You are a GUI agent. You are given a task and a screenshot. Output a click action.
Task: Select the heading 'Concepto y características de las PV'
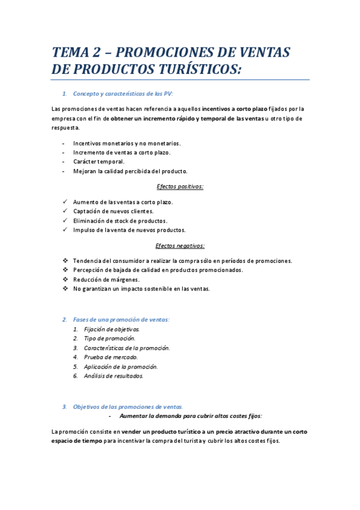[x=123, y=93]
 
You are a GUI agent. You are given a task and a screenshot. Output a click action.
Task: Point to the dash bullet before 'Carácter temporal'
[x=64, y=162]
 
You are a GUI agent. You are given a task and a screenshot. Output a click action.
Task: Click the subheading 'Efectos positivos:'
[x=180, y=186]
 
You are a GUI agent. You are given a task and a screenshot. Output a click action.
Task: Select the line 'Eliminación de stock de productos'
[x=120, y=221]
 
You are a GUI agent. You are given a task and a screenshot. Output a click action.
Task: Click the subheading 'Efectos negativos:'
[x=180, y=245]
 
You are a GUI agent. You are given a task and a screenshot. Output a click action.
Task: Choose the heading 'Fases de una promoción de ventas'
[x=121, y=319]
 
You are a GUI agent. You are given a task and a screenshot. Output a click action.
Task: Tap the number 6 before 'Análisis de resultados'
[x=76, y=376]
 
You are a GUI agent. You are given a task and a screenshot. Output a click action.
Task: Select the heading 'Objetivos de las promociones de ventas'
[x=128, y=407]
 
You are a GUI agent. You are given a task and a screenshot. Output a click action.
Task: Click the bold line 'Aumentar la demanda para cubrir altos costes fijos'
[x=191, y=416]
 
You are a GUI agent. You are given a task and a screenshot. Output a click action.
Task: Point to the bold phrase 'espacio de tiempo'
[x=76, y=441]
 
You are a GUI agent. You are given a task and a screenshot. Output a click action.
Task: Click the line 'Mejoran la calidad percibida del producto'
[x=130, y=171]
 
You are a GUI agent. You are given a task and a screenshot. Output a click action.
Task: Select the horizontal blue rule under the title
[x=180, y=79]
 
